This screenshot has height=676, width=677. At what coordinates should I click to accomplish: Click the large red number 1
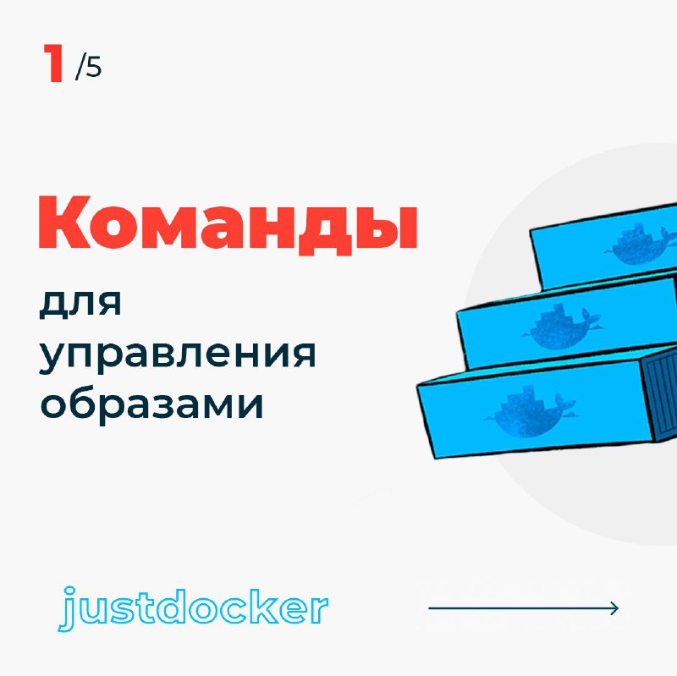coord(53,63)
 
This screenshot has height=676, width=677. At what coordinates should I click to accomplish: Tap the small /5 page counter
coord(89,68)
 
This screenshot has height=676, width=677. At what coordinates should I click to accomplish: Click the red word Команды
coord(228,224)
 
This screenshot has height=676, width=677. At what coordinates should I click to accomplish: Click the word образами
coord(151,404)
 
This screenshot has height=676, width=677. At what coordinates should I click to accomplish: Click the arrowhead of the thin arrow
coord(614,608)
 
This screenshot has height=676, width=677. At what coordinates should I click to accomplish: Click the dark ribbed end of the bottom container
coord(658,397)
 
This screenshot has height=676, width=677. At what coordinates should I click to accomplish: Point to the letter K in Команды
coord(65,222)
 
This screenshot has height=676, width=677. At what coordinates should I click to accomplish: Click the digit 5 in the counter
coord(93,68)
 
